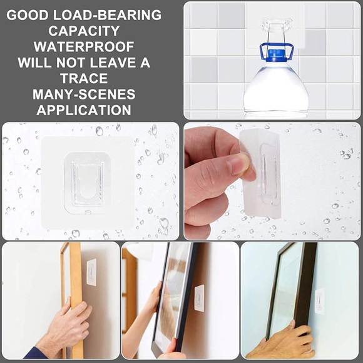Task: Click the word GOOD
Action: pyautogui.click(x=33, y=14)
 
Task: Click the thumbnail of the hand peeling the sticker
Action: pyautogui.click(x=272, y=181)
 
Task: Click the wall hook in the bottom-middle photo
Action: pyautogui.click(x=199, y=298)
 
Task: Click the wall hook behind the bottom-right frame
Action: pyautogui.click(x=319, y=299)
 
